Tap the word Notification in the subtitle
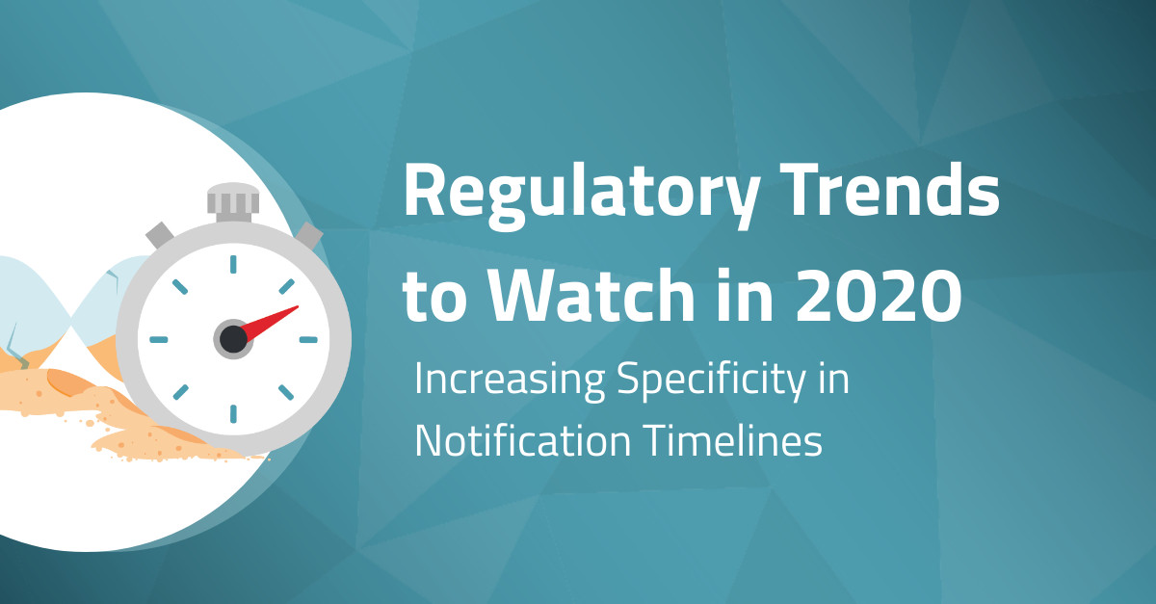(x=510, y=441)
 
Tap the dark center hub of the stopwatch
(x=233, y=338)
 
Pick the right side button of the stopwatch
(x=307, y=235)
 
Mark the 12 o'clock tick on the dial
(x=233, y=264)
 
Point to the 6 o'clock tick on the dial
(x=233, y=413)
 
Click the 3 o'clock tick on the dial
(x=307, y=339)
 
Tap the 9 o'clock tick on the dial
(x=159, y=339)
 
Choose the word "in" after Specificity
(x=835, y=381)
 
